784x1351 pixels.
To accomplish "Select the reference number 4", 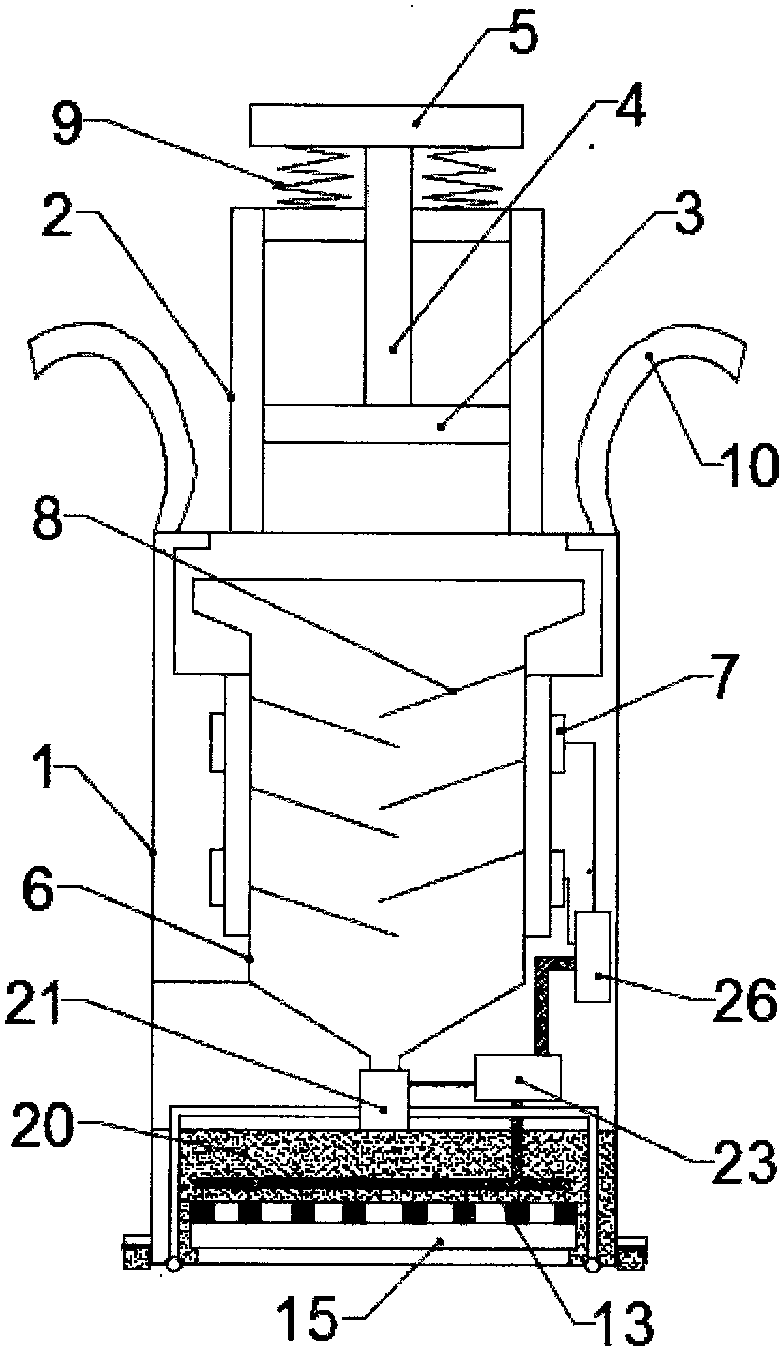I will click(623, 98).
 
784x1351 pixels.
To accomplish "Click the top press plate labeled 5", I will click(386, 127).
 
